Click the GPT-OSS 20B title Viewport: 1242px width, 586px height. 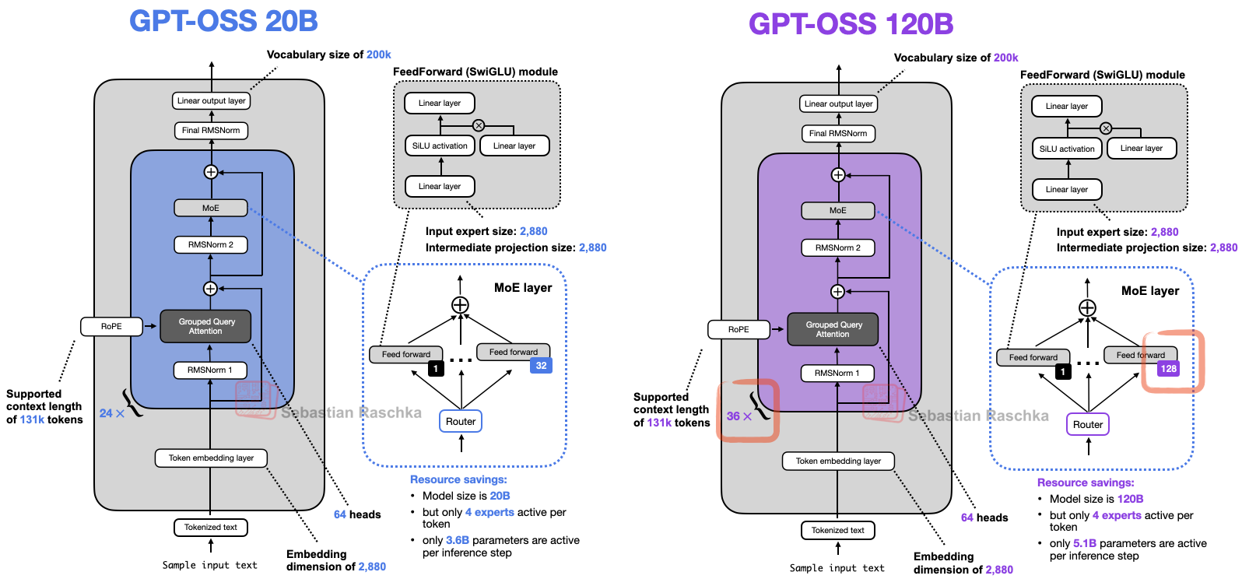[x=223, y=21]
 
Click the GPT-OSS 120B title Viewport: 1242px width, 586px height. [x=851, y=24]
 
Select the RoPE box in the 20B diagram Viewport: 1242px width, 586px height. [x=111, y=326]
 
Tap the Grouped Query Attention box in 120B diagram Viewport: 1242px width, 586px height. [x=833, y=329]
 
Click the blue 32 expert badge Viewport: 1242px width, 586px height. [x=541, y=366]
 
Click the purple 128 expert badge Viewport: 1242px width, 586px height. [x=1168, y=369]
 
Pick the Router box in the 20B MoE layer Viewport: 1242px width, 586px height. [x=461, y=422]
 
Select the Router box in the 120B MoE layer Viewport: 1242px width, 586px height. [x=1088, y=425]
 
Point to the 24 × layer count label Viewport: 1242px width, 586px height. [x=111, y=413]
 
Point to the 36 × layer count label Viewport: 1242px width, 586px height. [x=739, y=416]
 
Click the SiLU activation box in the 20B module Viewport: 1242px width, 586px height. [x=440, y=146]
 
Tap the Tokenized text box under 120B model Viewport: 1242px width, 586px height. [x=838, y=531]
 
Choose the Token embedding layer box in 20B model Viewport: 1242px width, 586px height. [x=211, y=458]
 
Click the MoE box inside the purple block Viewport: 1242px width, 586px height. [x=838, y=210]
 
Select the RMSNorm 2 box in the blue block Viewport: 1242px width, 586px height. [x=211, y=244]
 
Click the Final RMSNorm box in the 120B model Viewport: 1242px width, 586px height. [x=838, y=133]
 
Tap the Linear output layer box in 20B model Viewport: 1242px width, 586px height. [x=211, y=100]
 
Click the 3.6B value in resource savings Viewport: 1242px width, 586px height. [x=458, y=540]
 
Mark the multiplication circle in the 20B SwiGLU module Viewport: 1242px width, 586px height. [x=479, y=125]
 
